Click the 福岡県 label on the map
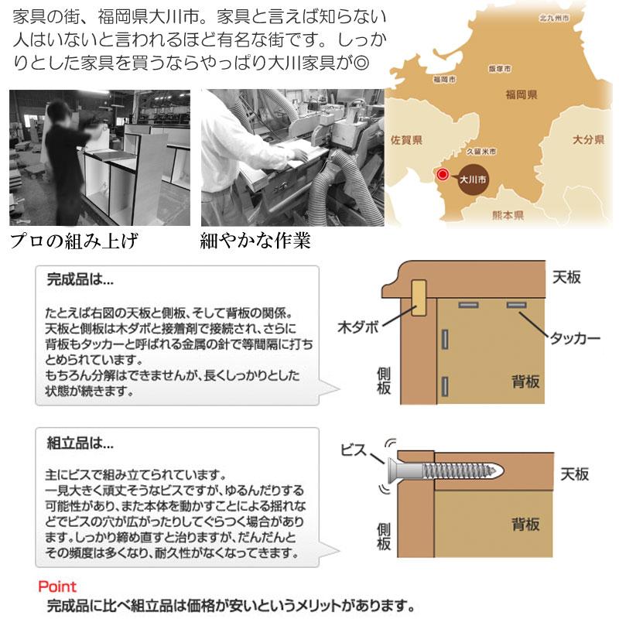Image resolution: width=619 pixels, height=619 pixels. coord(522,94)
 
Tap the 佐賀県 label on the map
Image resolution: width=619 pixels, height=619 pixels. coord(406,140)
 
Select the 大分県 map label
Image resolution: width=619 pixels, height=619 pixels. coord(588,140)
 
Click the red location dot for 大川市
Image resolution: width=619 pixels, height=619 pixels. coord(443,175)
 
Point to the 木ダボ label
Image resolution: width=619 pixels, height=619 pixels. coord(357,327)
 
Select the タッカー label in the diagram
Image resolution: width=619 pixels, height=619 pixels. coord(576,338)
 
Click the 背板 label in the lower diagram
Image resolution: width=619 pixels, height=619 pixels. coord(525,525)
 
